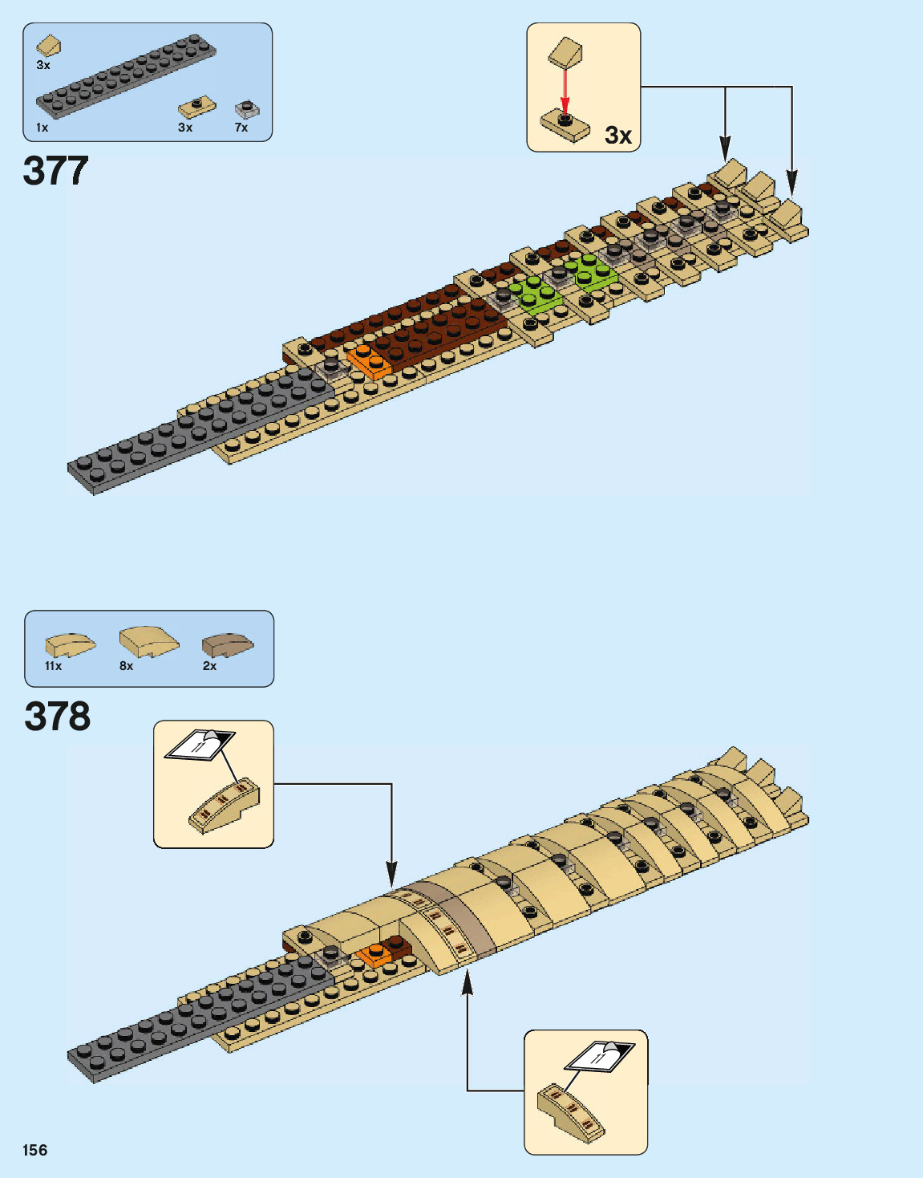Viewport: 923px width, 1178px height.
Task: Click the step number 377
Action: coord(55,171)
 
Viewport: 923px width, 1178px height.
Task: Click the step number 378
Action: coord(57,717)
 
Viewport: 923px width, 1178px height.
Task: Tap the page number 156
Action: coord(35,1150)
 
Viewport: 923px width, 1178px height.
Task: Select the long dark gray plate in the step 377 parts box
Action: coord(125,76)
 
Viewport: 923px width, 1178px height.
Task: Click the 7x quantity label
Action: coord(241,128)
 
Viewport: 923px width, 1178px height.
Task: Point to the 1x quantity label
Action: coord(42,128)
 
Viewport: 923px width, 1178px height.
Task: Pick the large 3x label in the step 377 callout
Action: coord(618,136)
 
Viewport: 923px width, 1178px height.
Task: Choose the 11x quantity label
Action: coord(53,666)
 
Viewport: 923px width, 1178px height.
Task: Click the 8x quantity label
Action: coord(127,666)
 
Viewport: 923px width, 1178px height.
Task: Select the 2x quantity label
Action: coord(209,666)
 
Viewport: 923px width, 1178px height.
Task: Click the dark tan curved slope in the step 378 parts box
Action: coord(227,644)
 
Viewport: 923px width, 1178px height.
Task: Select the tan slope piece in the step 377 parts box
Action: coord(48,46)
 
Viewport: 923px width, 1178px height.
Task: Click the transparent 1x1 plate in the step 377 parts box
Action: coord(246,109)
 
